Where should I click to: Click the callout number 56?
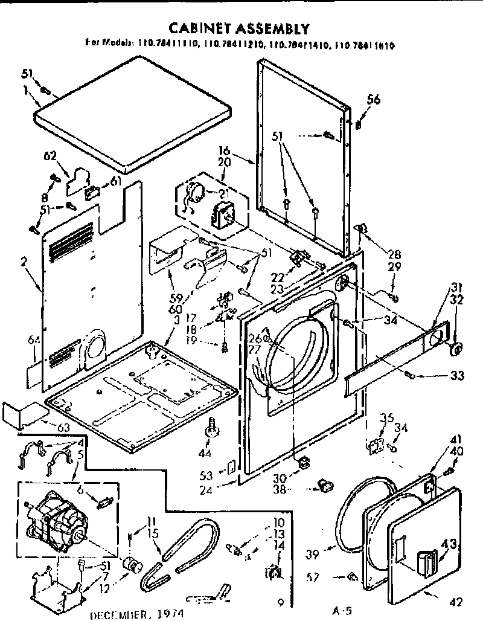click(x=374, y=101)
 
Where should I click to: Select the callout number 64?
click(x=34, y=341)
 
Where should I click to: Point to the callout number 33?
click(x=456, y=376)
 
